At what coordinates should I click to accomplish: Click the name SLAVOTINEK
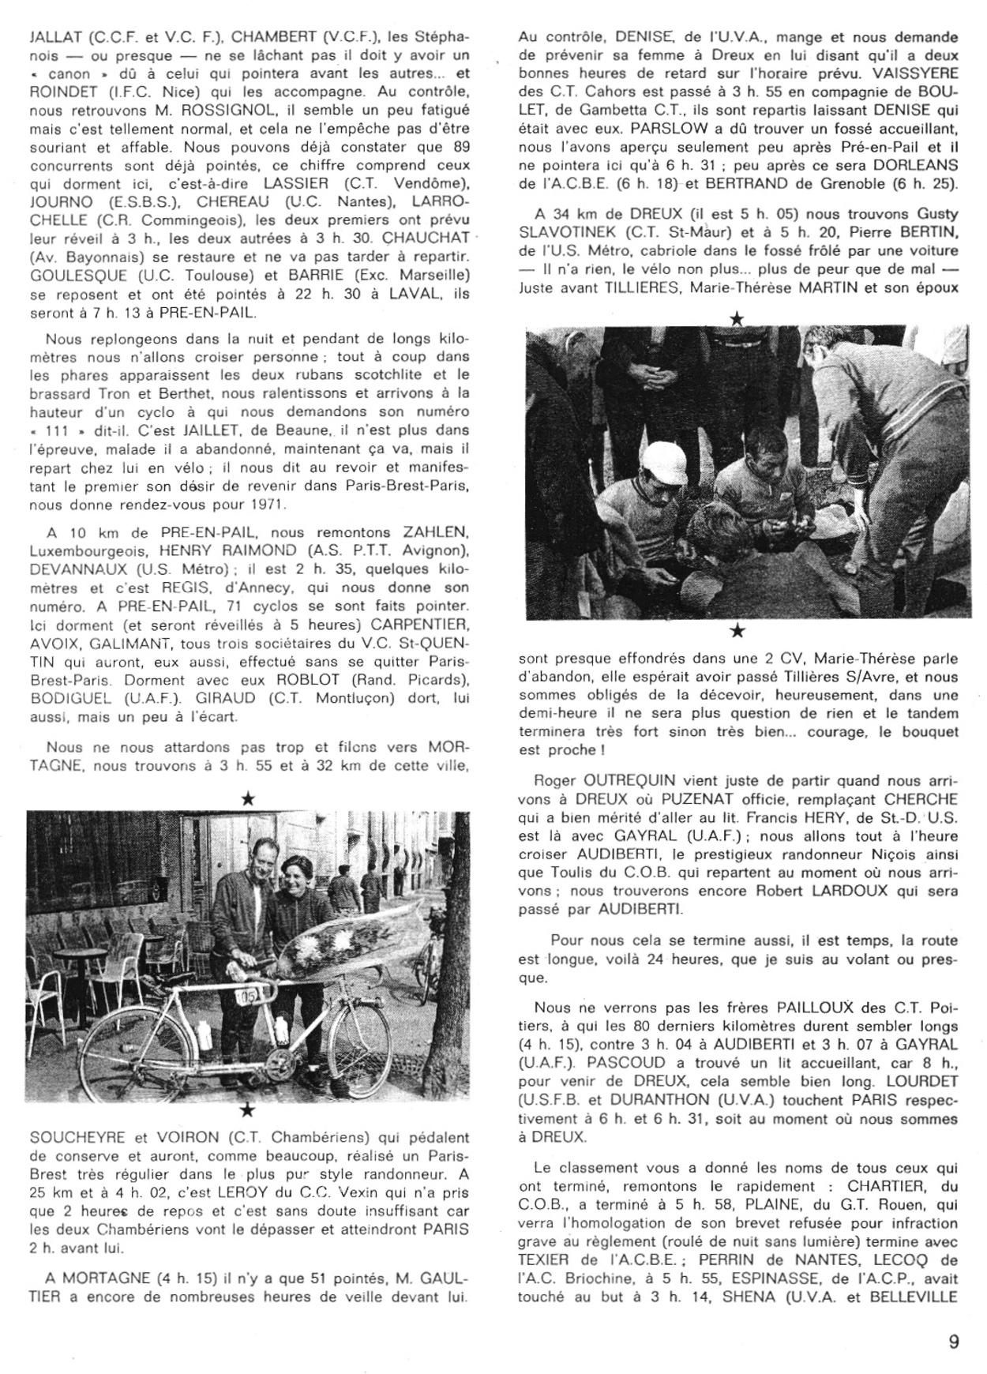[569, 233]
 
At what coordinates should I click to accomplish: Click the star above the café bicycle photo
[247, 799]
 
